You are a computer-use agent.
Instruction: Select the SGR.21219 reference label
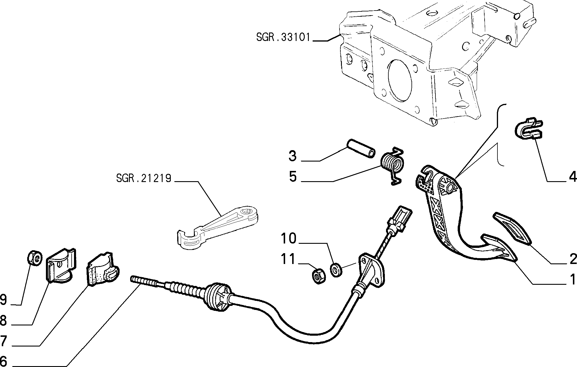pos(143,178)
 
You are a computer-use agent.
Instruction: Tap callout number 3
pos(292,156)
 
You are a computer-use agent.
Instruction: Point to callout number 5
pos(293,177)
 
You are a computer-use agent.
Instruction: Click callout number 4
pos(572,177)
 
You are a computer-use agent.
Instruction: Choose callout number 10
pos(289,239)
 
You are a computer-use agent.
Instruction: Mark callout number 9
pos(4,300)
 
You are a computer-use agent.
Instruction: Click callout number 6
pos(4,360)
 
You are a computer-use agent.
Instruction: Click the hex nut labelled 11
pos(318,276)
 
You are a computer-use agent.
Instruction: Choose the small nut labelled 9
pos(34,258)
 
